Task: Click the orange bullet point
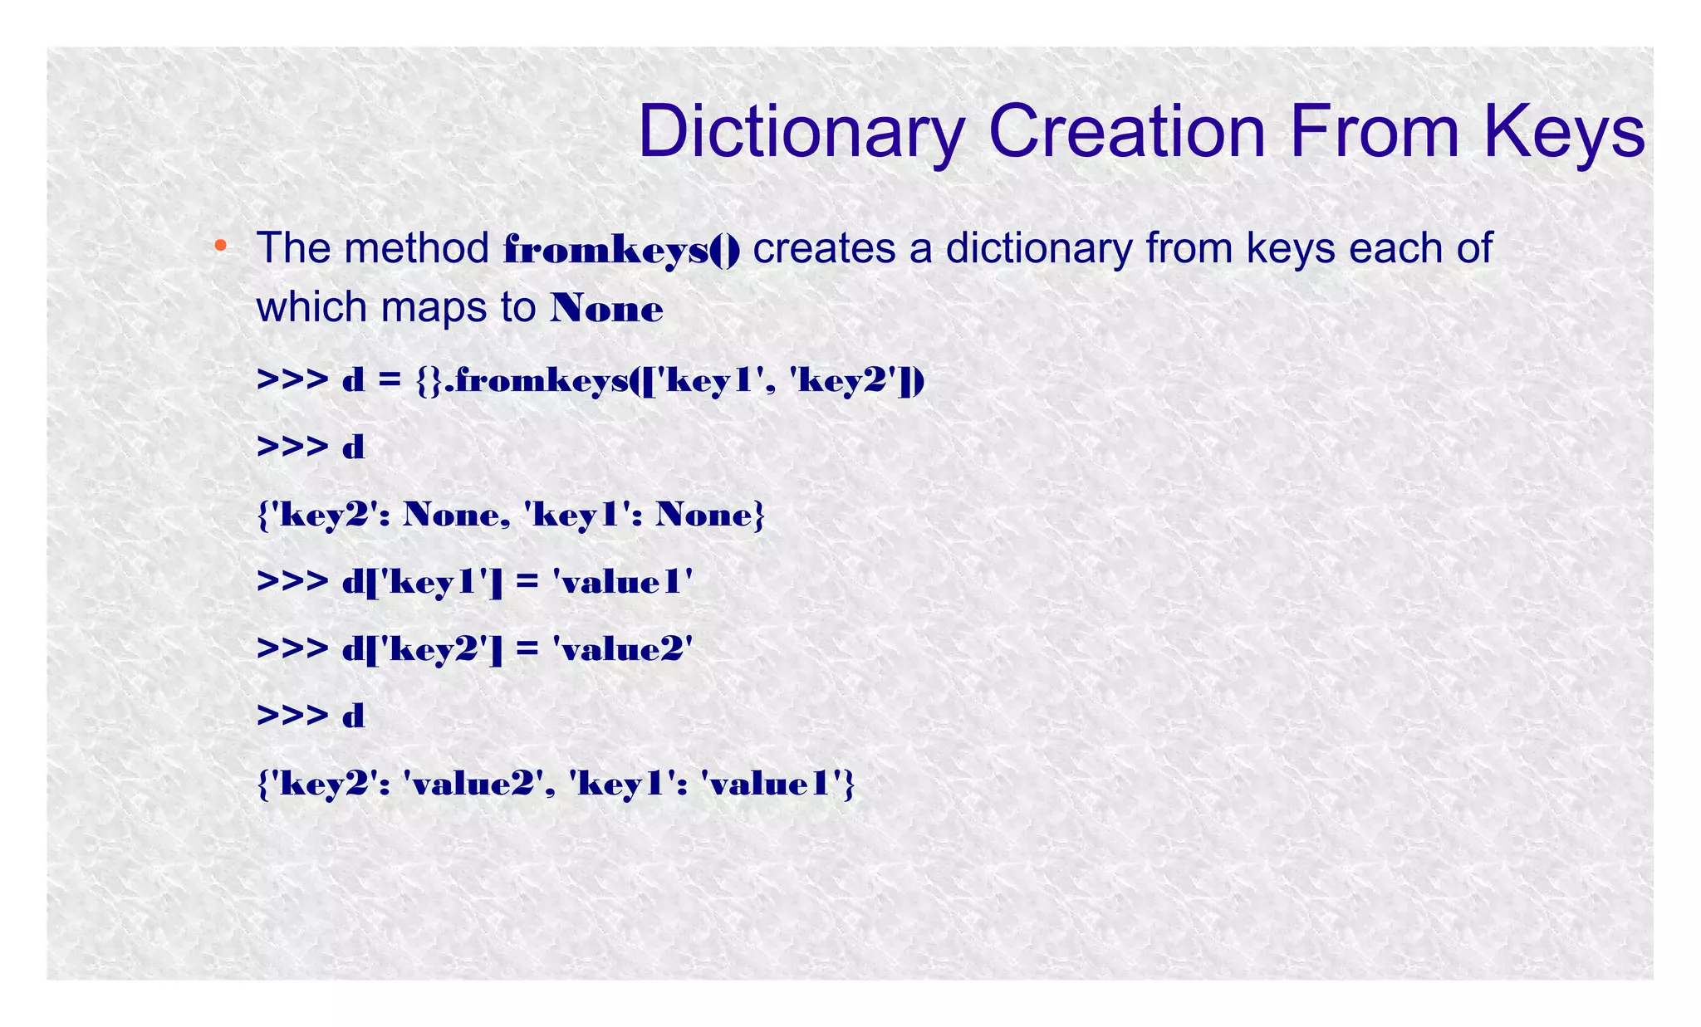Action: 220,245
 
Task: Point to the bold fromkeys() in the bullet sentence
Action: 621,249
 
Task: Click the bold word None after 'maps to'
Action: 606,309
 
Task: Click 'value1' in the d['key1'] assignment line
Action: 622,582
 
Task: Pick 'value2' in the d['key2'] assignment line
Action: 622,648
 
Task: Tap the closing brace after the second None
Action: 757,516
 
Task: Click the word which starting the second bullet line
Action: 311,307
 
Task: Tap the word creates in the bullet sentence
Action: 824,248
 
